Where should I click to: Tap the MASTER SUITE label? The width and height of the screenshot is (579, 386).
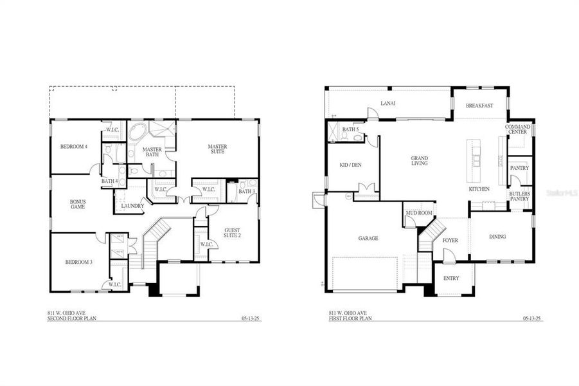pyautogui.click(x=217, y=150)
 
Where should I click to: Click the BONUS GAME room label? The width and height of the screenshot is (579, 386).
pyautogui.click(x=78, y=205)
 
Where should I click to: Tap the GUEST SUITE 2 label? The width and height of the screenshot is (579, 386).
pyautogui.click(x=233, y=232)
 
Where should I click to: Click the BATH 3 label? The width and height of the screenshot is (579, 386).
pyautogui.click(x=247, y=191)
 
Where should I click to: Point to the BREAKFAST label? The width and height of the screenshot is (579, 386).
pyautogui.click(x=479, y=105)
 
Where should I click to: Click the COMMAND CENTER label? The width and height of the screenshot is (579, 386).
pyautogui.click(x=517, y=129)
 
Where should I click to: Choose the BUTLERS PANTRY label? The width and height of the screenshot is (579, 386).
pyautogui.click(x=519, y=196)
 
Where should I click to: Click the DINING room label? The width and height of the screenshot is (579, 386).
pyautogui.click(x=497, y=237)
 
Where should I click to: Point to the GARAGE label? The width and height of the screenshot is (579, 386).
pyautogui.click(x=368, y=238)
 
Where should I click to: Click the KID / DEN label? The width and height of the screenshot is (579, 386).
pyautogui.click(x=350, y=165)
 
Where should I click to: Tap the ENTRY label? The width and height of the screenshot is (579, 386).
pyautogui.click(x=452, y=278)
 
